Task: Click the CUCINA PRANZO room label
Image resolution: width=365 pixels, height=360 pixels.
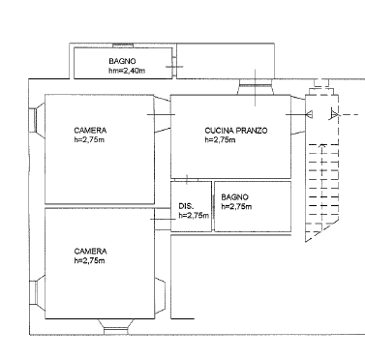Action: coord(236,131)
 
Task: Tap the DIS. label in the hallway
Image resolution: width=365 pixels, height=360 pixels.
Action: coord(186,206)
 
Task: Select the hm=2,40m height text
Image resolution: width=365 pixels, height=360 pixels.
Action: coord(127,71)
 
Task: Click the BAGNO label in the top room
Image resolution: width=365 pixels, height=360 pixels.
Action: coord(122,61)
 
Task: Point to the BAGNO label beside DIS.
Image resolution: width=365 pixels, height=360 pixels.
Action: coord(234,197)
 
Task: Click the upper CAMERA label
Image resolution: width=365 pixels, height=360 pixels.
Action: coord(90,131)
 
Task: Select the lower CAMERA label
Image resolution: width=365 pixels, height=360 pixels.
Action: coord(90,252)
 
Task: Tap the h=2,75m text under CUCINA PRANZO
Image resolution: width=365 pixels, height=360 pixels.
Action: coord(220,140)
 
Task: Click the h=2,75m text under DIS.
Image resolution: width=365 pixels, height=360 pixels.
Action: coord(194,216)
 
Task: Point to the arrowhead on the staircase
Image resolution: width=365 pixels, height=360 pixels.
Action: coord(321,146)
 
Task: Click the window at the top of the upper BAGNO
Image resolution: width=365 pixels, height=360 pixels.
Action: coord(123,45)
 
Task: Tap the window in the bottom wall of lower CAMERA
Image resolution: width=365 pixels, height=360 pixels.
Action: coord(115,331)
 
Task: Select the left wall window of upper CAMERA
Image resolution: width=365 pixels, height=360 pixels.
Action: coord(32,120)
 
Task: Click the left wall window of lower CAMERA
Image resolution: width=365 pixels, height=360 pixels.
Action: coord(33,292)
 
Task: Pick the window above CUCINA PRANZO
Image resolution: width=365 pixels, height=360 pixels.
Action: coord(256,86)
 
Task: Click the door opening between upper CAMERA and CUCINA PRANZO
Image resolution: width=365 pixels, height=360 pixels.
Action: coord(163,114)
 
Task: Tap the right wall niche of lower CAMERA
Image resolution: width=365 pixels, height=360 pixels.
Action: coord(160,296)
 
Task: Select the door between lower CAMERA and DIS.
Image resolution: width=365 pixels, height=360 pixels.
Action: coord(163,220)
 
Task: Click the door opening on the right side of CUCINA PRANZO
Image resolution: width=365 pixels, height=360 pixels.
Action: coord(298,114)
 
